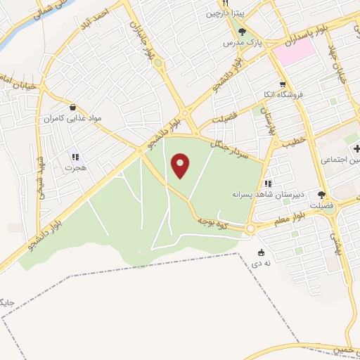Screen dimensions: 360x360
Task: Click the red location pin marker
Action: [x=181, y=166]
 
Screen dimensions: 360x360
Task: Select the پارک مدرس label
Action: [x=238, y=43]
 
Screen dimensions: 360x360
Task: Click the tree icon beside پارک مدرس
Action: [x=242, y=32]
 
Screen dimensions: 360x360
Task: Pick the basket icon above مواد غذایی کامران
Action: [x=72, y=107]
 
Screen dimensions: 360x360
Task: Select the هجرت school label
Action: [x=75, y=168]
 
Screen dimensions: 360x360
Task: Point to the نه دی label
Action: [x=262, y=264]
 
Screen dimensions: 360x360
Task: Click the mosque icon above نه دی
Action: [x=262, y=253]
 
